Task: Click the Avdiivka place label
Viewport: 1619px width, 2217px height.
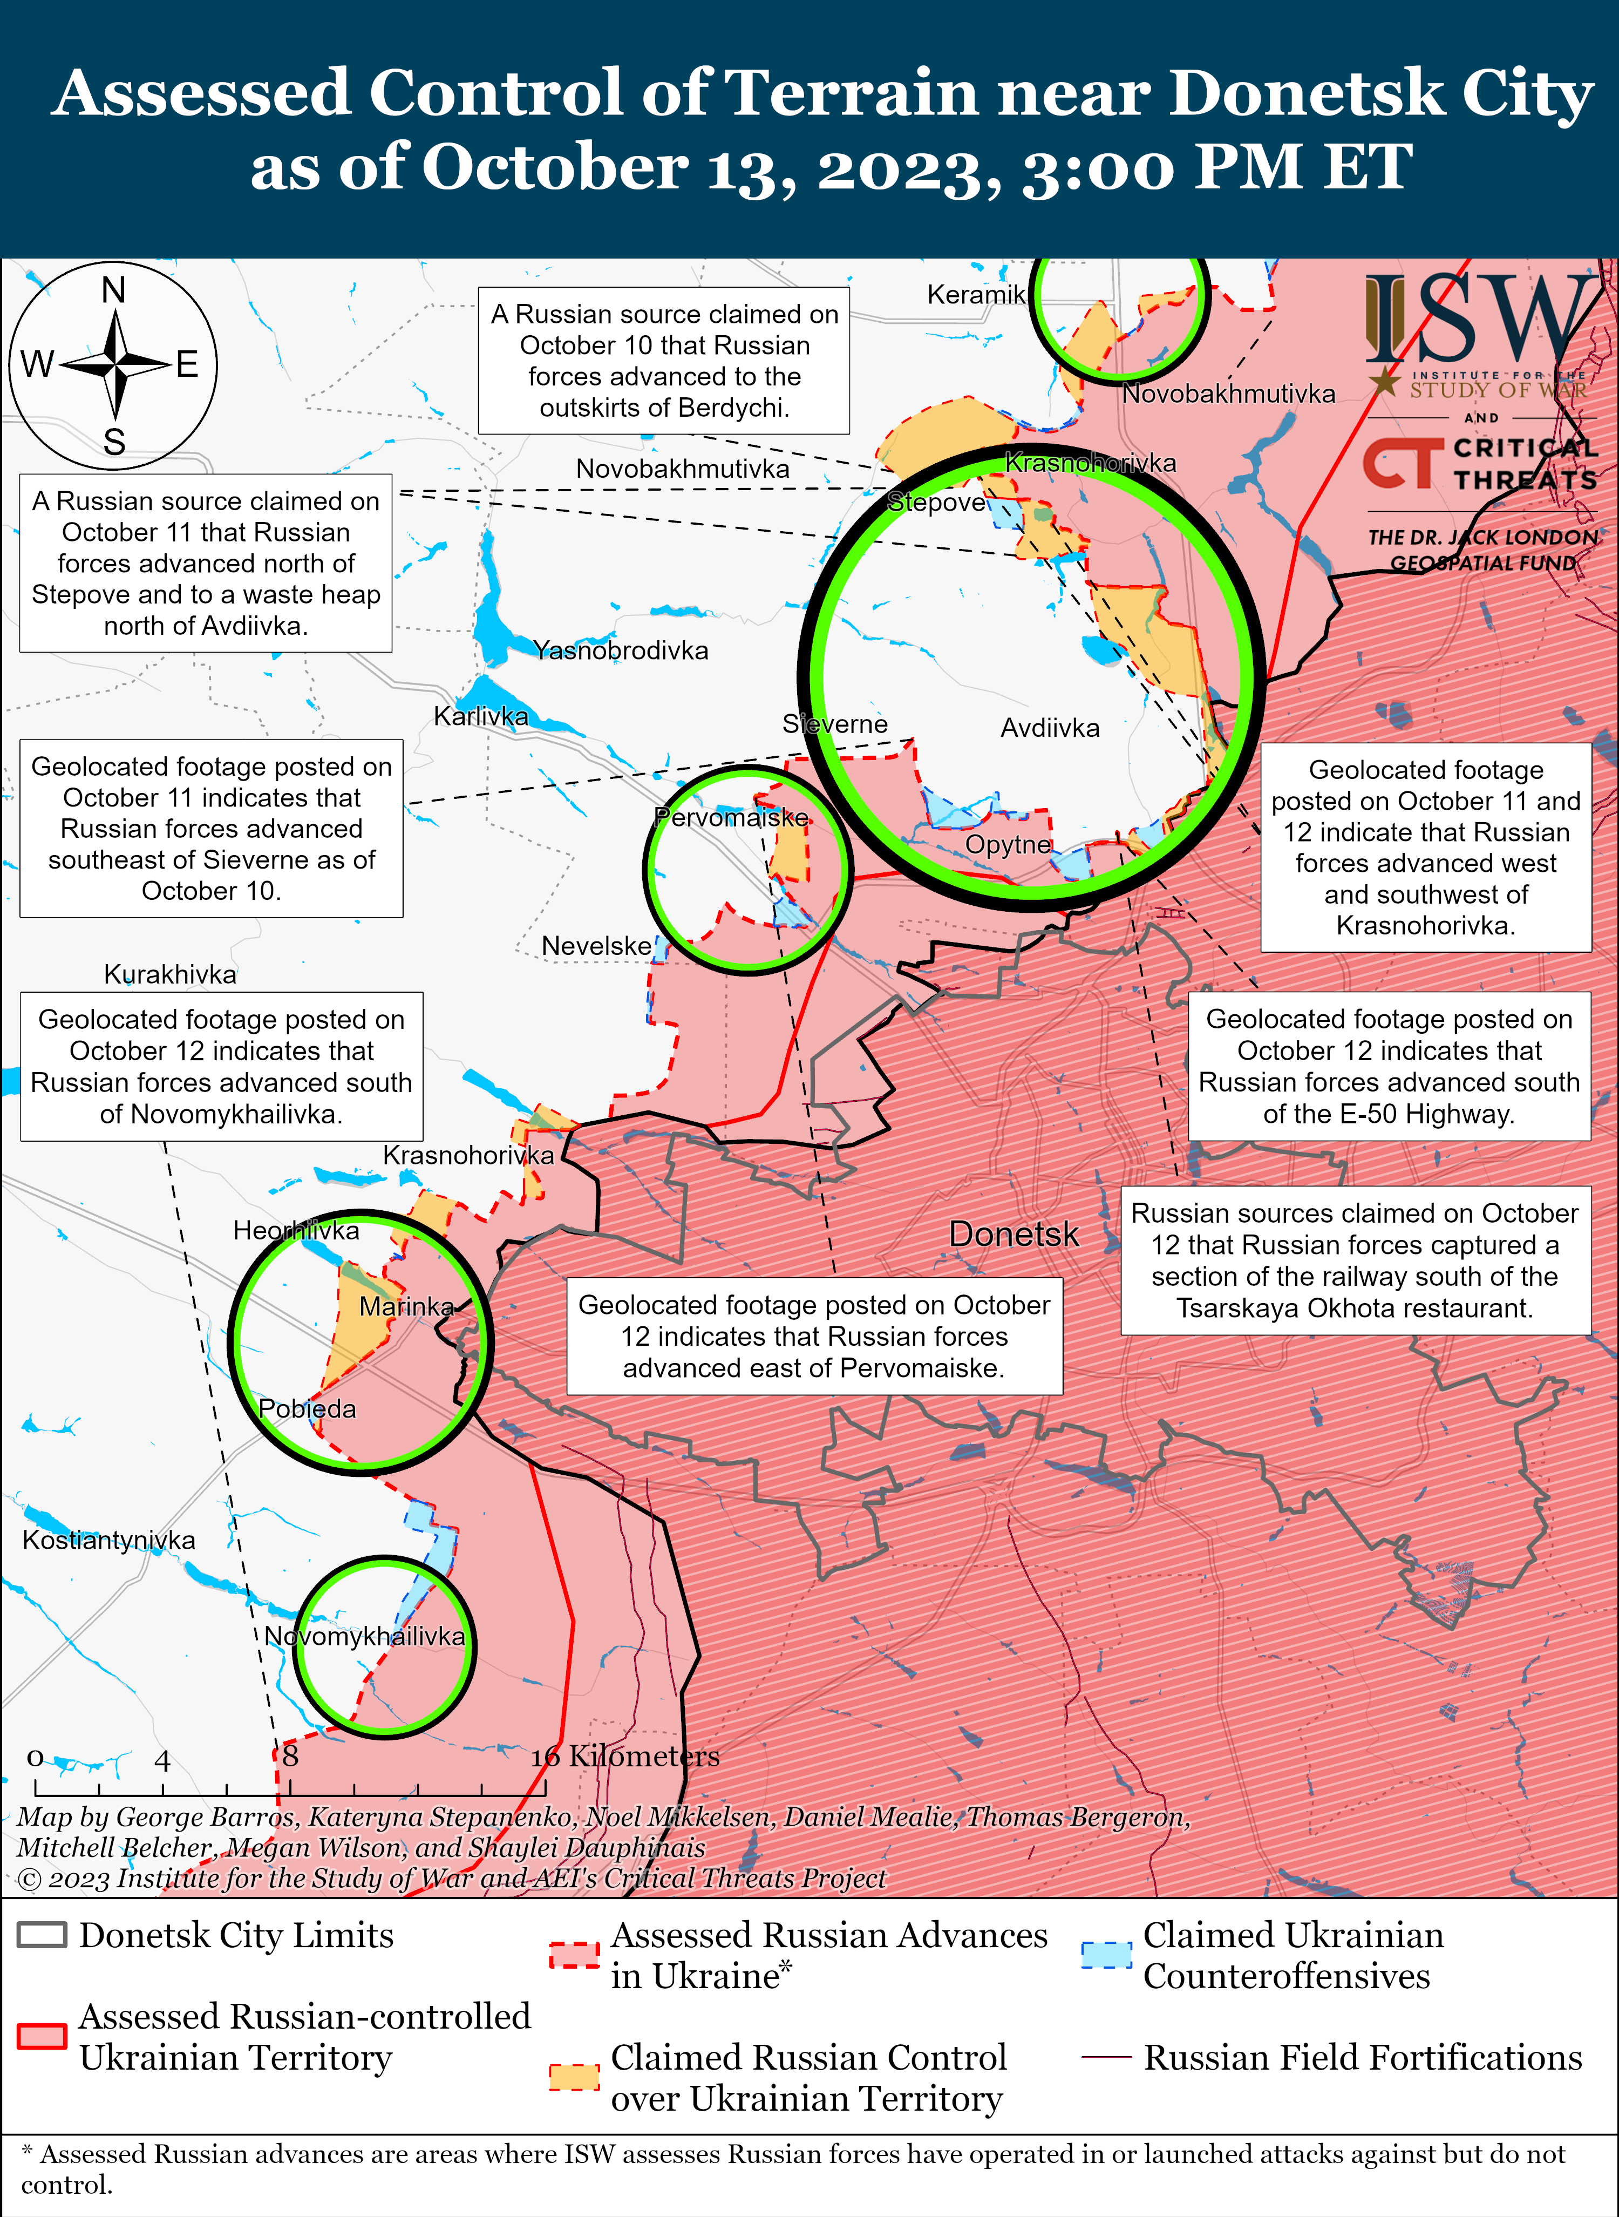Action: tap(1050, 728)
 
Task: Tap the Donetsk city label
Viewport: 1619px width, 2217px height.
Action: tap(1013, 1234)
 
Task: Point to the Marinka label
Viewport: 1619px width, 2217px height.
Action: tap(407, 1306)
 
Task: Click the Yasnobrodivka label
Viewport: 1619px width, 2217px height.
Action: tap(621, 651)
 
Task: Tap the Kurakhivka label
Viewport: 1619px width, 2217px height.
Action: tap(171, 974)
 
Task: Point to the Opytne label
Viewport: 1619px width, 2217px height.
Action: tap(1008, 845)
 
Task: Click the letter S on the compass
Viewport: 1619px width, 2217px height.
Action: tap(114, 442)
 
